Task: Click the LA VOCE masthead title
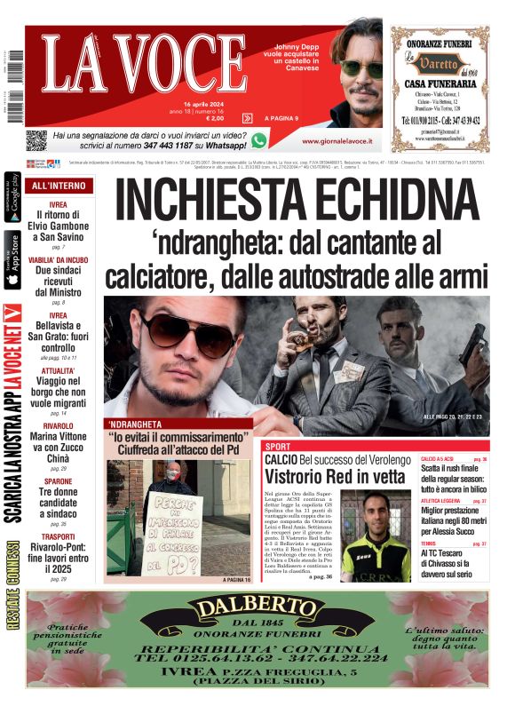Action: pos(143,66)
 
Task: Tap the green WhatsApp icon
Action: pos(258,139)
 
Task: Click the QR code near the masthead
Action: pos(36,139)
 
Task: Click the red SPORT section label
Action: pos(278,446)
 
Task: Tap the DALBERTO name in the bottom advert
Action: pos(257,608)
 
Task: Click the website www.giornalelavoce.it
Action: pos(337,141)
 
